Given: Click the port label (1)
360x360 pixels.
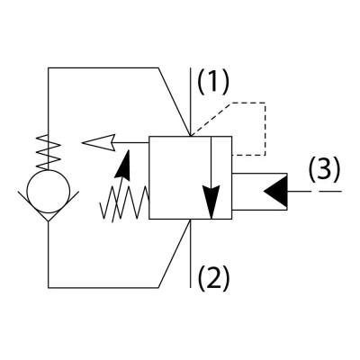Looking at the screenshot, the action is [213, 82].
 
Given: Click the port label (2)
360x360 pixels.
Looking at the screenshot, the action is [213, 277].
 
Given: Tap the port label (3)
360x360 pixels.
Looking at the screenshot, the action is [324, 169].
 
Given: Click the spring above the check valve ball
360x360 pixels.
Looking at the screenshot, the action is [49, 151].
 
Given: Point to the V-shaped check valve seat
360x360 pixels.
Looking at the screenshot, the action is [49, 206].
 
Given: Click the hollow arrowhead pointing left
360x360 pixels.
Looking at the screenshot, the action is [99, 142].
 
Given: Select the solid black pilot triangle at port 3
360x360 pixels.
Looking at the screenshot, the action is [275, 191].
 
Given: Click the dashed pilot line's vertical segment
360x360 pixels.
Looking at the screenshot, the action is [265, 129].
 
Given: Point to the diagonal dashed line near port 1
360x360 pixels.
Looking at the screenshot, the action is [211, 119].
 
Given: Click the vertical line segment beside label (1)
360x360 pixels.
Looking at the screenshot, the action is [191, 102].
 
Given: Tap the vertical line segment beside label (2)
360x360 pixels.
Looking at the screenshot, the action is [191, 254].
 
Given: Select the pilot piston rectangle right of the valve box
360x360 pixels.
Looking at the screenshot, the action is [259, 192].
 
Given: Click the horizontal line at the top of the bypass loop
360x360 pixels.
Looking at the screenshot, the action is [103, 68].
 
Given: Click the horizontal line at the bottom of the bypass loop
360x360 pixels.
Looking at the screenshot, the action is [103, 288].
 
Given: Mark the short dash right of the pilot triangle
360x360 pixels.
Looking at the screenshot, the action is [330, 191].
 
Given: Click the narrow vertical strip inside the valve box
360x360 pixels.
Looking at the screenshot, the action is [221, 177].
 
